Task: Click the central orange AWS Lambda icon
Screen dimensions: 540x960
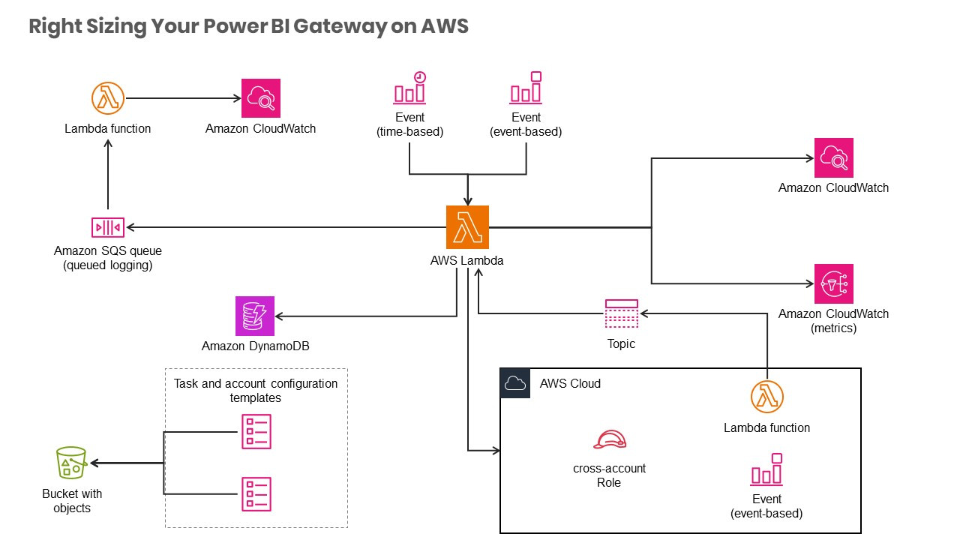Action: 467,226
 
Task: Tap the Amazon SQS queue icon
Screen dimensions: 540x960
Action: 107,227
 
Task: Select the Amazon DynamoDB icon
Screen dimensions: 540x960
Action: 255,316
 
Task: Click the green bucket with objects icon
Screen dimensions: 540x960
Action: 71,463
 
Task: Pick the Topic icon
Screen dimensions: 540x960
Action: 621,313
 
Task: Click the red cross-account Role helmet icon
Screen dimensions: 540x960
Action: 609,440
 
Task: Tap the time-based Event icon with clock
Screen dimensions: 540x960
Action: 409,88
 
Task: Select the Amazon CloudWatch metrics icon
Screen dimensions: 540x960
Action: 833,283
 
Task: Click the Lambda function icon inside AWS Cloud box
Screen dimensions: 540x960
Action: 766,397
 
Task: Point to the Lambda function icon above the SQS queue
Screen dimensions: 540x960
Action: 107,98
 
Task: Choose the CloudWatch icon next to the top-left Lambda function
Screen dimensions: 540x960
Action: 260,98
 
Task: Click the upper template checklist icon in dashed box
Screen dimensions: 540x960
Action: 256,432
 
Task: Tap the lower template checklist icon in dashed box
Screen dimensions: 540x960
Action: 256,493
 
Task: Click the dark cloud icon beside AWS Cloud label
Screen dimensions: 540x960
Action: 515,383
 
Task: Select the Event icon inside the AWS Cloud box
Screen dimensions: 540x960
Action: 766,469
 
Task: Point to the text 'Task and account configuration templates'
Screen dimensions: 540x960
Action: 256,390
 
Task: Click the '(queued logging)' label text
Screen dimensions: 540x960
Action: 108,265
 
